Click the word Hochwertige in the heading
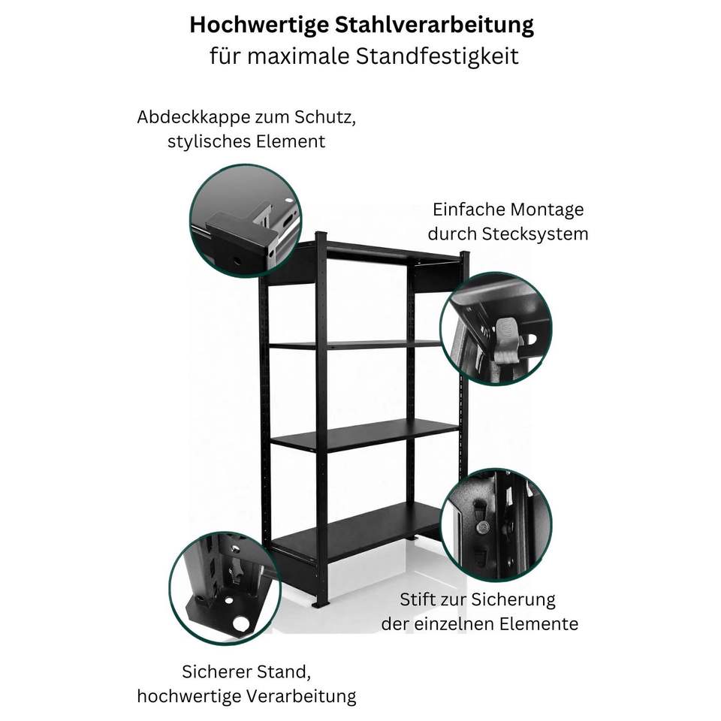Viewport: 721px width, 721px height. pyautogui.click(x=259, y=26)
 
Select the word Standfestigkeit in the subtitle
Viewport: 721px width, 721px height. pyautogui.click(x=437, y=56)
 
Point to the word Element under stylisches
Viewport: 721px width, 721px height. pyautogui.click(x=291, y=141)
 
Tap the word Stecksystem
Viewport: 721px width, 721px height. pyautogui.click(x=535, y=234)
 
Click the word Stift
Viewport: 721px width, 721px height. pyautogui.click(x=418, y=599)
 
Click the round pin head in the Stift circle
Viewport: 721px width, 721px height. pyautogui.click(x=482, y=527)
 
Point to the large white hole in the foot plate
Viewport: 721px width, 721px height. pyautogui.click(x=240, y=623)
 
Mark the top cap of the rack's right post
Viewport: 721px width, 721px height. pyautogui.click(x=464, y=255)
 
